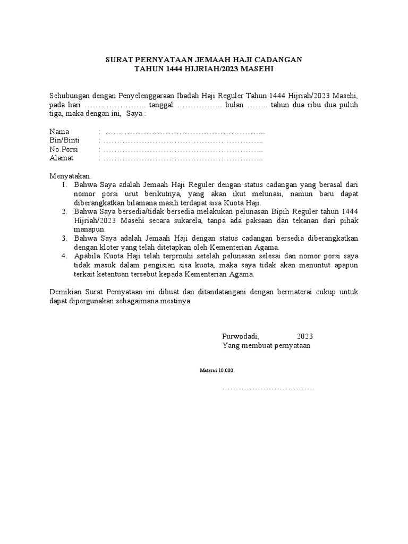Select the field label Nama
(59, 131)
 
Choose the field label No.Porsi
(64, 149)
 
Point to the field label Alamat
(62, 158)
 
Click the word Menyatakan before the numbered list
(71, 176)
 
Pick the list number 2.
(64, 212)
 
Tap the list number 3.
(64, 239)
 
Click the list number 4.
(64, 257)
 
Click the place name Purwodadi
(240, 336)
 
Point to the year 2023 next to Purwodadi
(305, 336)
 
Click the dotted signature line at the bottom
(268, 389)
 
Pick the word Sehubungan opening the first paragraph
(70, 96)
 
